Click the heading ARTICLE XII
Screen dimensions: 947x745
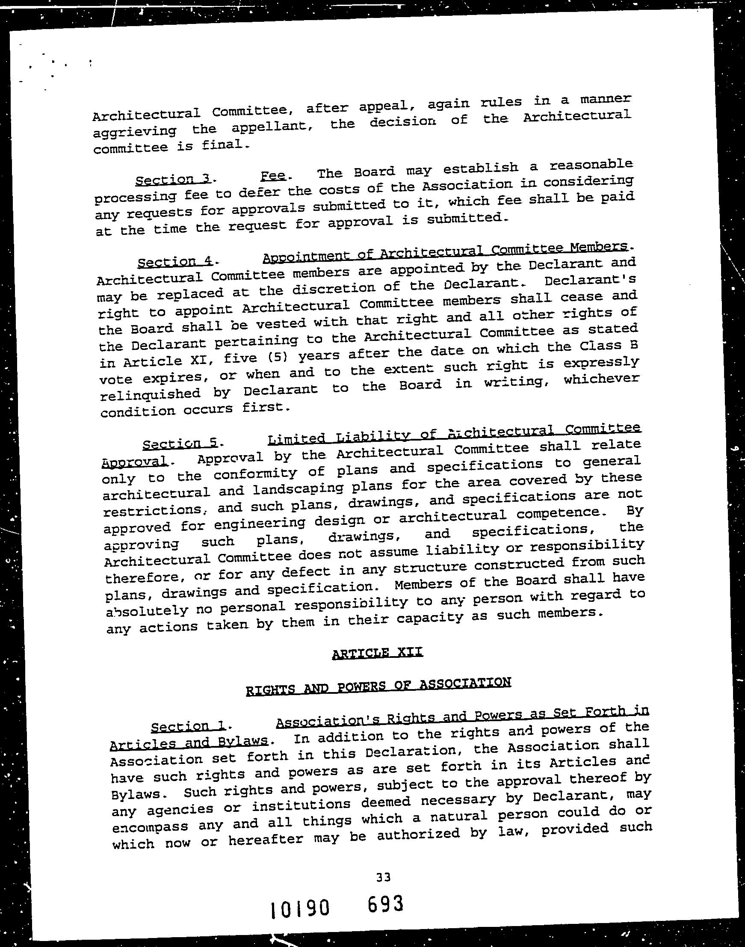pyautogui.click(x=377, y=653)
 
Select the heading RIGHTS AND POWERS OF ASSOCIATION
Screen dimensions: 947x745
pyautogui.click(x=378, y=685)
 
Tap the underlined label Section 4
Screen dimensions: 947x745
pyautogui.click(x=175, y=262)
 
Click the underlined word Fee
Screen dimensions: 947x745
pyautogui.click(x=273, y=176)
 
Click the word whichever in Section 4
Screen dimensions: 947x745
pyautogui.click(x=601, y=378)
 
